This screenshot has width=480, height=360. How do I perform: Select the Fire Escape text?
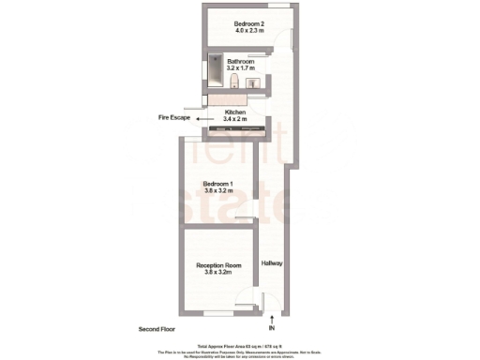(173, 119)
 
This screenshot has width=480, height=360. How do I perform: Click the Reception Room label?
(218, 265)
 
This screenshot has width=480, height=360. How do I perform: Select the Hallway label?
(272, 263)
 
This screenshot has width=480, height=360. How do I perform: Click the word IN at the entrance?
(271, 329)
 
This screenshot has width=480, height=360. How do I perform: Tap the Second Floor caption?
(156, 330)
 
